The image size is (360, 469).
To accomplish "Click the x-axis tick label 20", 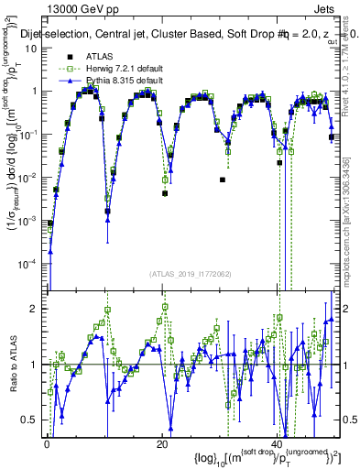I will click(x=162, y=444).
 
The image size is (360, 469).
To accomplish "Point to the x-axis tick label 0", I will click(x=47, y=444).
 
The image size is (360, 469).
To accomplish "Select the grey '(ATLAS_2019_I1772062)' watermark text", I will click(x=191, y=273).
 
